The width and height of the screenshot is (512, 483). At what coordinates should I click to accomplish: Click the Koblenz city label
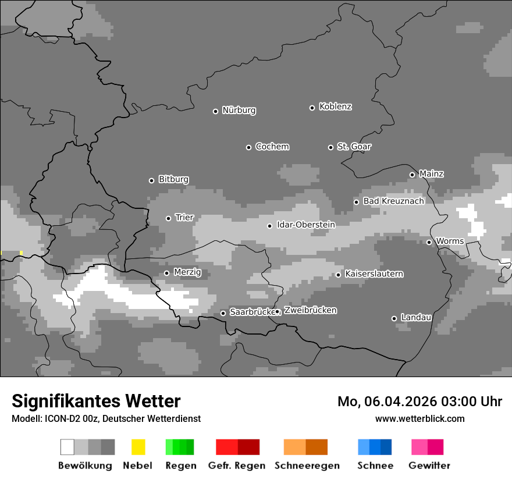[x=335, y=106]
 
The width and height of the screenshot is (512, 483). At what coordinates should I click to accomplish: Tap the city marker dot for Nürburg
[x=215, y=111]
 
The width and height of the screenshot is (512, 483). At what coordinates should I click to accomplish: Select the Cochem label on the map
[x=272, y=147]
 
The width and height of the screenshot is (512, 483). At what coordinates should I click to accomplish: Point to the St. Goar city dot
[x=330, y=147]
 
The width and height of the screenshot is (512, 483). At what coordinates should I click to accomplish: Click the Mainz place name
[x=431, y=173]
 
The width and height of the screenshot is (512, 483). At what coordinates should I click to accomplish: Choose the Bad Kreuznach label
[x=393, y=201]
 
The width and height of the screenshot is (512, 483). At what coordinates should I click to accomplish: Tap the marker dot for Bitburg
[x=151, y=180]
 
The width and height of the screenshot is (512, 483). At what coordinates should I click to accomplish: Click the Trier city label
[x=184, y=217]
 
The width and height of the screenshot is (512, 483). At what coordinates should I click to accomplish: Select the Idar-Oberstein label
[x=305, y=225]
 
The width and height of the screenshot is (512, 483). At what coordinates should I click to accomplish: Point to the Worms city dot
[x=429, y=242]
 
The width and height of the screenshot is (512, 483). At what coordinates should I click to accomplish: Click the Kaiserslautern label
[x=374, y=274]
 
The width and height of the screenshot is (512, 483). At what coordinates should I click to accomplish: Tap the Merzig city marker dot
[x=166, y=273]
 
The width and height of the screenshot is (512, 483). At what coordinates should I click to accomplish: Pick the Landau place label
[x=416, y=317]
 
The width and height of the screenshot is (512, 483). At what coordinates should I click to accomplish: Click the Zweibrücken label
[x=310, y=310]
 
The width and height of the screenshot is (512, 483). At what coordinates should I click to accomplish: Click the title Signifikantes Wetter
[x=96, y=401]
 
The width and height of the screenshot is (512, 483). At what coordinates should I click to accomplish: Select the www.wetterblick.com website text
[x=419, y=418]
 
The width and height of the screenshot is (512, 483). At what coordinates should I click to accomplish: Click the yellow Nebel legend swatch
[x=138, y=447]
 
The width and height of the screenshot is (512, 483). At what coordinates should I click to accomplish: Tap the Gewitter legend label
[x=429, y=466]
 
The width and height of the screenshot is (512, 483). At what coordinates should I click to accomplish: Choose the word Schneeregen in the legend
[x=307, y=466]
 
